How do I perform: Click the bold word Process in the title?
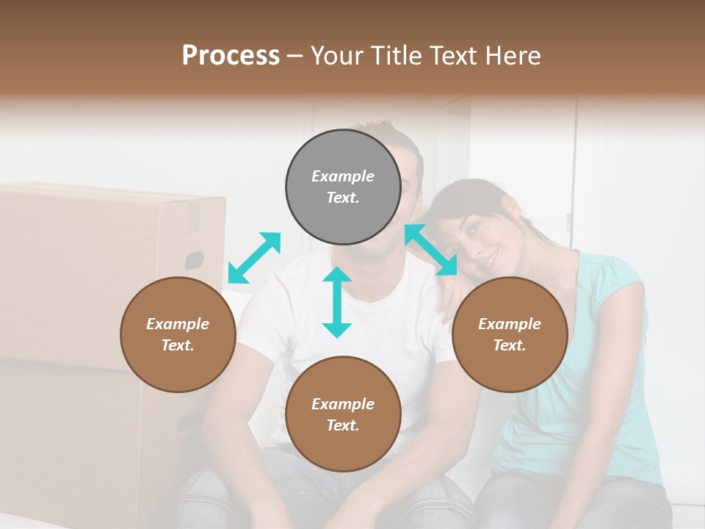point(231,55)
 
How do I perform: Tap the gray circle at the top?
point(343,187)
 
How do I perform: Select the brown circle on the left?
point(178,334)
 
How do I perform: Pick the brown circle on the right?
point(510,334)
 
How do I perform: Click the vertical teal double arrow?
point(337,302)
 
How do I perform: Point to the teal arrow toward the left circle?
point(254,257)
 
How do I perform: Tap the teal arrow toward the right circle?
point(431,250)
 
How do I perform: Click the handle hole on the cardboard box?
point(194,260)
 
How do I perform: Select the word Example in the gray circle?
point(343,176)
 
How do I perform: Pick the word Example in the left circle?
point(178,324)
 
